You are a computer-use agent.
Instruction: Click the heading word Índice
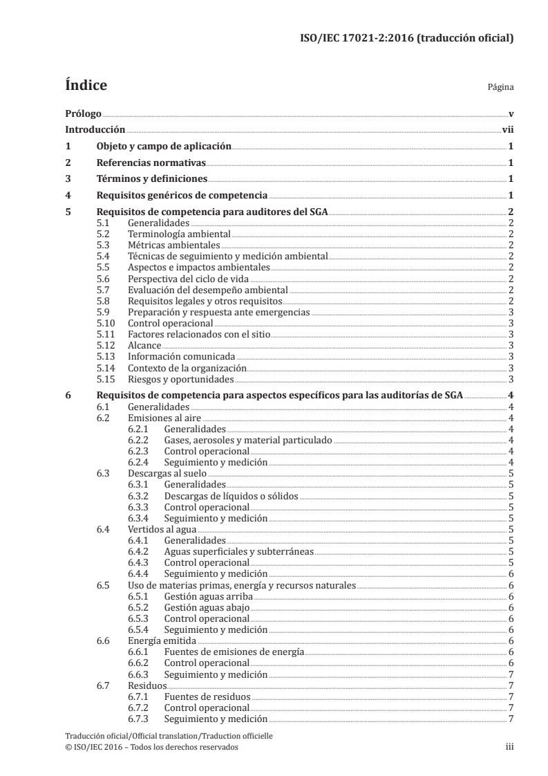pos(85,86)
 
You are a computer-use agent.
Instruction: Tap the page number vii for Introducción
pos(507,129)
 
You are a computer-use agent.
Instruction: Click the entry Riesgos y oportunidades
pos(181,378)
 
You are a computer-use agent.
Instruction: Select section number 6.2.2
pos(140,440)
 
